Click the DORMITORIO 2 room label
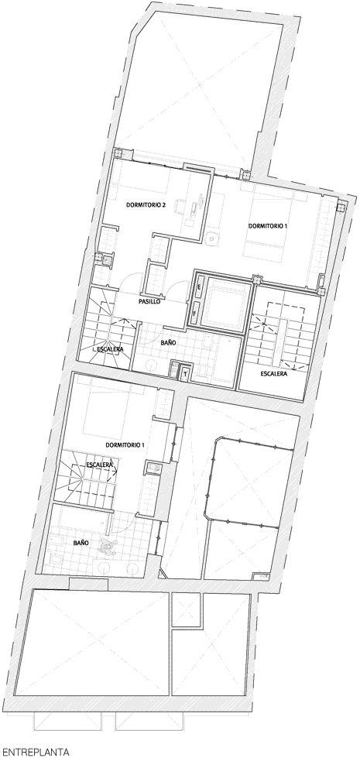[x=146, y=205]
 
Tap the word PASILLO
[x=149, y=301]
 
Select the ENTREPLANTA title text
[x=36, y=752]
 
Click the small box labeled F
[x=195, y=312]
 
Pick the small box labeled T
[x=186, y=372]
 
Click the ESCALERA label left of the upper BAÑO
[x=110, y=349]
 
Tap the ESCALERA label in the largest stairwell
[x=274, y=374]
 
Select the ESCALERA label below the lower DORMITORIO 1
[x=100, y=465]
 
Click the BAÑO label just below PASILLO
[x=168, y=342]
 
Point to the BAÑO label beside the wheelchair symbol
[x=81, y=543]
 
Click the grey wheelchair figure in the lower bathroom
[x=108, y=547]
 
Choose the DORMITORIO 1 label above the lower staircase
[x=125, y=444]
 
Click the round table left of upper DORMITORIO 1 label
[x=211, y=238]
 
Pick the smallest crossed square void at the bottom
[x=186, y=610]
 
